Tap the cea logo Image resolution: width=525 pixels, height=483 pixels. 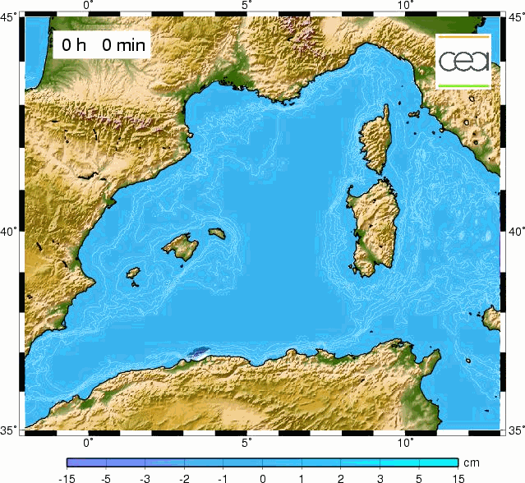tap(463, 61)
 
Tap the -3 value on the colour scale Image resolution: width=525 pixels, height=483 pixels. tap(145, 477)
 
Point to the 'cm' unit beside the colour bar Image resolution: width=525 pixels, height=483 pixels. tap(472, 462)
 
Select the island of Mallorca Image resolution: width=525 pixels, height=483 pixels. tap(178, 245)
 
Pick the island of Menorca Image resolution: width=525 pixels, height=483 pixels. tap(217, 232)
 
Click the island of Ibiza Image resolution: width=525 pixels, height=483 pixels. tap(131, 274)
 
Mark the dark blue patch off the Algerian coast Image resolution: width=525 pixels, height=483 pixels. tap(197, 352)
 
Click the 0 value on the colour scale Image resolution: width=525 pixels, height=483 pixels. tap(262, 477)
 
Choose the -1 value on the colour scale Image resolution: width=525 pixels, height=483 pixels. tap(223, 477)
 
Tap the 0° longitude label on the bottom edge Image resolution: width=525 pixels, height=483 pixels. tap(89, 442)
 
